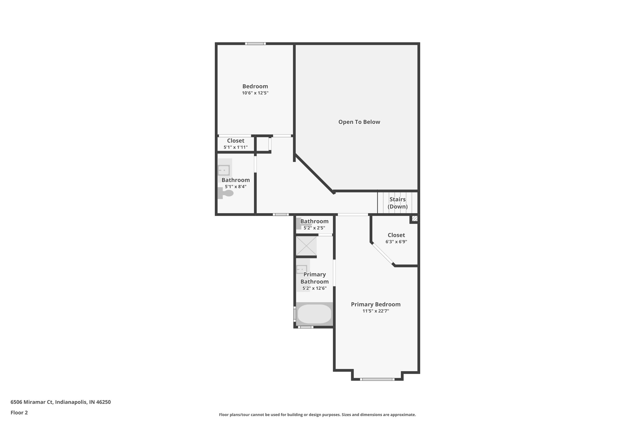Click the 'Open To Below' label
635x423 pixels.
(x=359, y=122)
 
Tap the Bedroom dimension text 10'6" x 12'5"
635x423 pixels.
(x=255, y=93)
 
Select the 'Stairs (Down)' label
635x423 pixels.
(x=397, y=203)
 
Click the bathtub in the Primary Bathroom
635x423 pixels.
(x=314, y=314)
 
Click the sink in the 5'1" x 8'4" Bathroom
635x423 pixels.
(x=224, y=170)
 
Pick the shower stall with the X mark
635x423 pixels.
(x=306, y=246)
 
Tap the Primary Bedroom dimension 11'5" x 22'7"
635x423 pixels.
(x=376, y=311)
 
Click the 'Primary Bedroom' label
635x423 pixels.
(x=376, y=304)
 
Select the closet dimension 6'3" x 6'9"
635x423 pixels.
(x=396, y=242)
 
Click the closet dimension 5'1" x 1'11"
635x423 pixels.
(x=236, y=148)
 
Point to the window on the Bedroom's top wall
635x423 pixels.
(x=255, y=44)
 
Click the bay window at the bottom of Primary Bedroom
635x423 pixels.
(x=377, y=379)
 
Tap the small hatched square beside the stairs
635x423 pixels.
(x=415, y=218)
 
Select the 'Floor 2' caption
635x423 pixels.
(x=19, y=413)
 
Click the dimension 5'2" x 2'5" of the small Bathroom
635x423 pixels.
(x=314, y=228)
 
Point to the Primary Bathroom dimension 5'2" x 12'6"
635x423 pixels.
(x=314, y=289)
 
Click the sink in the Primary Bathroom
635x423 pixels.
(x=302, y=269)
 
